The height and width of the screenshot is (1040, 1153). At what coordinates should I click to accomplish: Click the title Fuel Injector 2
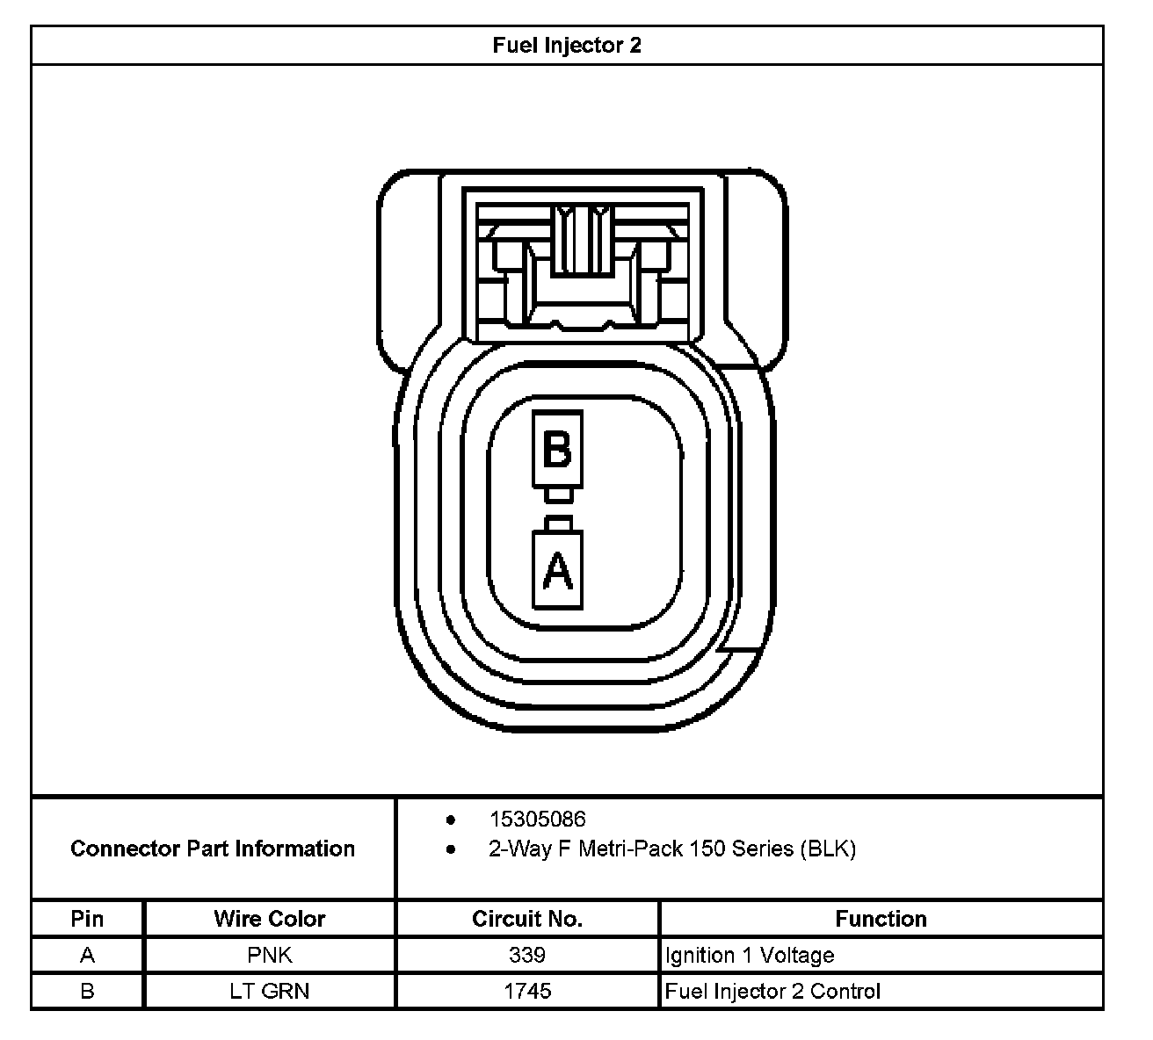[x=567, y=46]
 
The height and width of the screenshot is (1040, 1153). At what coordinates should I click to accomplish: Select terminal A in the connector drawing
[x=557, y=570]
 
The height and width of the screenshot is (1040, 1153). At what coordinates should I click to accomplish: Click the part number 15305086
[x=537, y=820]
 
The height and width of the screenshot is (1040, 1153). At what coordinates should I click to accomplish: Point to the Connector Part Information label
[x=213, y=849]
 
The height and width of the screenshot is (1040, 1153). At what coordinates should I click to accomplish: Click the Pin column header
[x=87, y=919]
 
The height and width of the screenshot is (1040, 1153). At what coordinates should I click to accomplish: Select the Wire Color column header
[x=269, y=919]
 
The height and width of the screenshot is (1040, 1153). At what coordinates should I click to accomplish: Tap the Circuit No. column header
[x=527, y=919]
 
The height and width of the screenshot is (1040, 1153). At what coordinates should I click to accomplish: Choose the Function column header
[x=881, y=919]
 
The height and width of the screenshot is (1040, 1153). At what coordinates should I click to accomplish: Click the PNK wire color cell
[x=269, y=955]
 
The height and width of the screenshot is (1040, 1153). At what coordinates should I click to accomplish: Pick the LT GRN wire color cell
[x=269, y=991]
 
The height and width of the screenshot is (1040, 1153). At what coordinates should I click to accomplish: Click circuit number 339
[x=527, y=955]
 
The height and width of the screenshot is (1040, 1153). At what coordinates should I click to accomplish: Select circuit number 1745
[x=527, y=991]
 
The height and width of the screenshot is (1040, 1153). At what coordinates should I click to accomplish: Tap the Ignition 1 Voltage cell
[x=750, y=955]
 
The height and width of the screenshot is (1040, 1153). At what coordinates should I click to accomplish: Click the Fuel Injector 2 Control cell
[x=772, y=991]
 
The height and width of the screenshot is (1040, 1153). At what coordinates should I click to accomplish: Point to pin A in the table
[x=87, y=955]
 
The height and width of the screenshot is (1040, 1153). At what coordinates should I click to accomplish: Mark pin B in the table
[x=87, y=991]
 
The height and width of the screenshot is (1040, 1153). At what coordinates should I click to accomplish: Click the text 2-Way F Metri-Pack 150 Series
[x=672, y=849]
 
